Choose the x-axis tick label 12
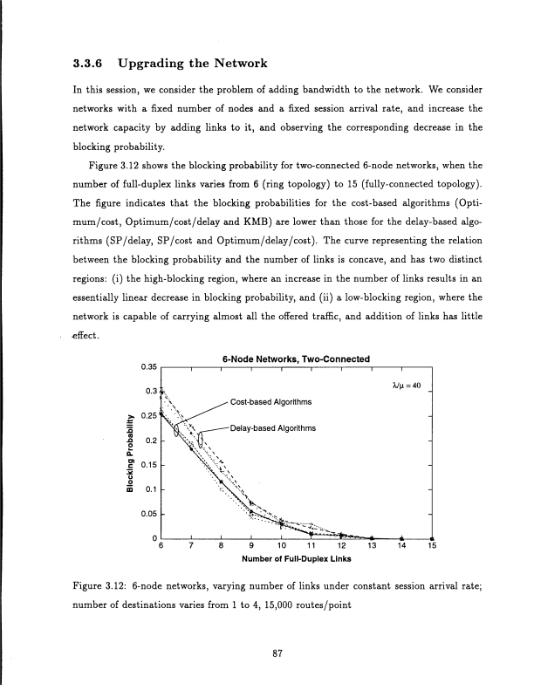(x=342, y=548)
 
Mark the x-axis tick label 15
(x=433, y=548)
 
